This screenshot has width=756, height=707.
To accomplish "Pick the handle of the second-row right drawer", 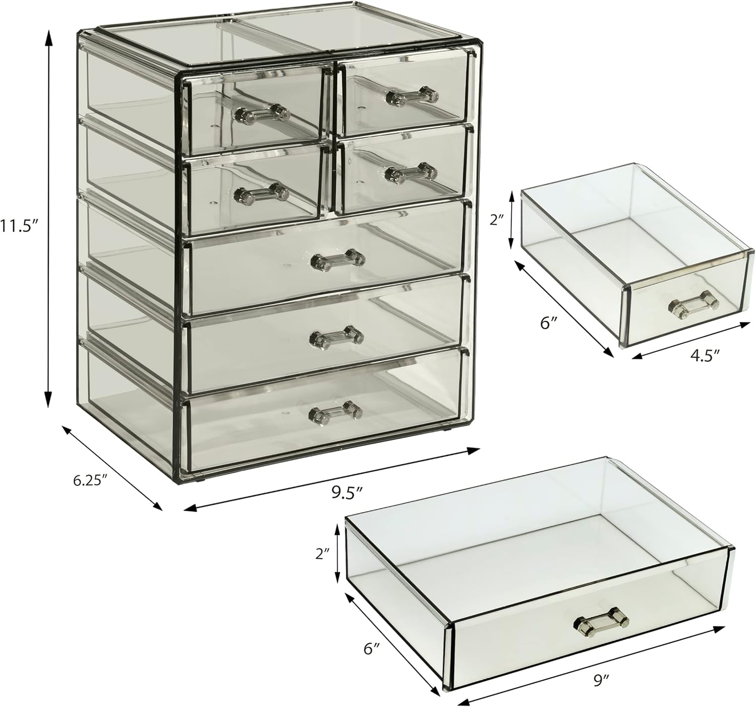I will (410, 173).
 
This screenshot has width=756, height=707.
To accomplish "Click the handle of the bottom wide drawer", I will (336, 412).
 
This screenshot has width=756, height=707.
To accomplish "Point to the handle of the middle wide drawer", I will (336, 336).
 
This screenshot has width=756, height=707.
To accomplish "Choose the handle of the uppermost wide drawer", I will (338, 260).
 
